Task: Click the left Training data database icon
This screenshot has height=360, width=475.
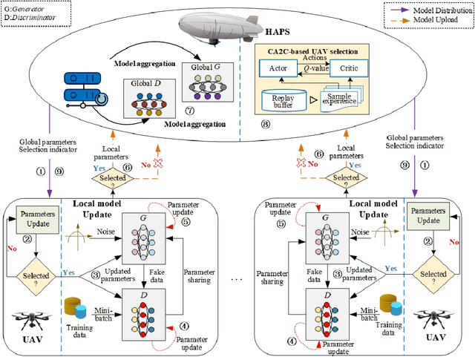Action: (x=74, y=310)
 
